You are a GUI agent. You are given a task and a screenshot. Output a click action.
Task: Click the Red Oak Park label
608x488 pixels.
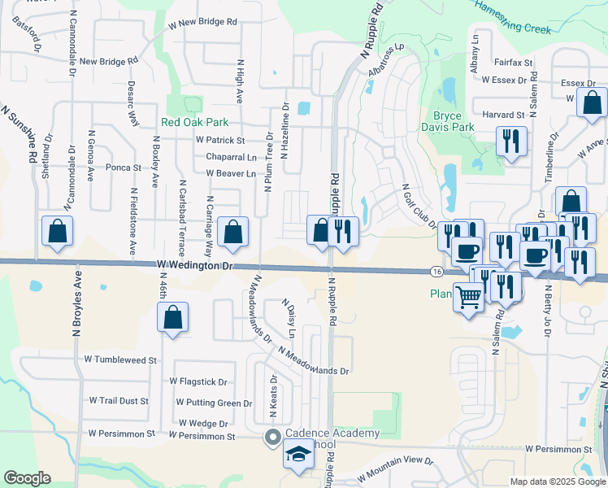pyautogui.click(x=195, y=122)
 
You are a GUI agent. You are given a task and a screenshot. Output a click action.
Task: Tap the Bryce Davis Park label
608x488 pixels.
pyautogui.click(x=447, y=121)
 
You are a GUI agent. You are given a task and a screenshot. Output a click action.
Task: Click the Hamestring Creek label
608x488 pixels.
pyautogui.click(x=512, y=17)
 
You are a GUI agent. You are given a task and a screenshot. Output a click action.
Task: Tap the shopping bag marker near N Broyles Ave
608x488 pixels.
pyautogui.click(x=59, y=232)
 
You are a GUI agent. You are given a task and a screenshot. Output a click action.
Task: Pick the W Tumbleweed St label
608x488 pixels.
pyautogui.click(x=120, y=359)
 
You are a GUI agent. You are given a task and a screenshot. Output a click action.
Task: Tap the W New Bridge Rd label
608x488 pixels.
pyautogui.click(x=203, y=25)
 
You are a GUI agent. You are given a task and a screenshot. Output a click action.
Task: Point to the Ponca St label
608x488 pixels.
pyautogui.click(x=124, y=168)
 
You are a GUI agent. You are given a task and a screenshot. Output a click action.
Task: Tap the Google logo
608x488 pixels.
pyautogui.click(x=27, y=478)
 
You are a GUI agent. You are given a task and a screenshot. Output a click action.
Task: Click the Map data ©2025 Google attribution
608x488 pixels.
pyautogui.click(x=557, y=481)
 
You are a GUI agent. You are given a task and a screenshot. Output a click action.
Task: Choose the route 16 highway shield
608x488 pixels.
pyautogui.click(x=437, y=271)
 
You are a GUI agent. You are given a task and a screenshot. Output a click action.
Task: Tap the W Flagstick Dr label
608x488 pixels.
pyautogui.click(x=198, y=381)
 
